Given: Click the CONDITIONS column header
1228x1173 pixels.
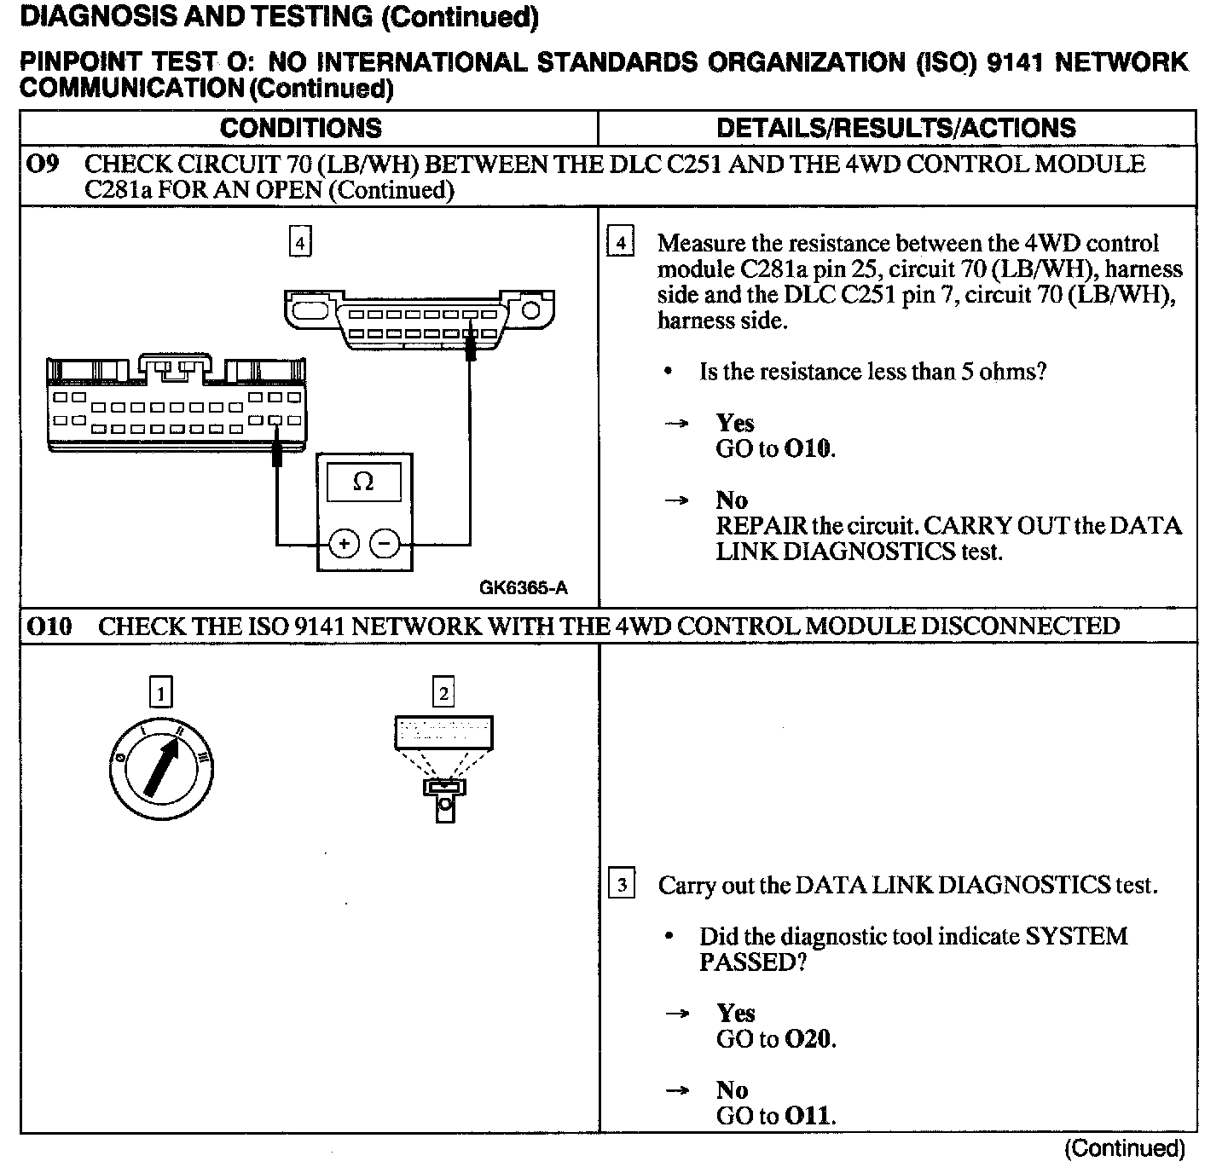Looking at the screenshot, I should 300,128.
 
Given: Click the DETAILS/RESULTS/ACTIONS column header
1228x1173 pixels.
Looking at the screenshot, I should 895,128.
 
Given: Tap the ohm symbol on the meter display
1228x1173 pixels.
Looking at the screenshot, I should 363,482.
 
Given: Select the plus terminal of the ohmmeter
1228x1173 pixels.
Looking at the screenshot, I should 344,543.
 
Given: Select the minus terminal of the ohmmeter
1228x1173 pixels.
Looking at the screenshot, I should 385,543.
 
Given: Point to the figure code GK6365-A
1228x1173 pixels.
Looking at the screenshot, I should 523,587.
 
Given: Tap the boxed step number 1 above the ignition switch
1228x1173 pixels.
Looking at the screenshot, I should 160,691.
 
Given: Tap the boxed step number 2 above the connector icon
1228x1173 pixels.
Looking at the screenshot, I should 443,691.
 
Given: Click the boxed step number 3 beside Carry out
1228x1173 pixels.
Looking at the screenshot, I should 622,885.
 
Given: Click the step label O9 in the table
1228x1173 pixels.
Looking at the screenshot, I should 43,164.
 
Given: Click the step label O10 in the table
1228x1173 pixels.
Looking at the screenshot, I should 49,627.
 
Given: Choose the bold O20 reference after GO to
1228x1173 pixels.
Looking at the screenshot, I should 808,1039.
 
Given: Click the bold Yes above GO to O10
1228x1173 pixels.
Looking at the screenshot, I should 735,424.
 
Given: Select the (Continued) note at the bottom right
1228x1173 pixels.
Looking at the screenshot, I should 1124,1148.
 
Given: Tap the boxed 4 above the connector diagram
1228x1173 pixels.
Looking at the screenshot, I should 299,242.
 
